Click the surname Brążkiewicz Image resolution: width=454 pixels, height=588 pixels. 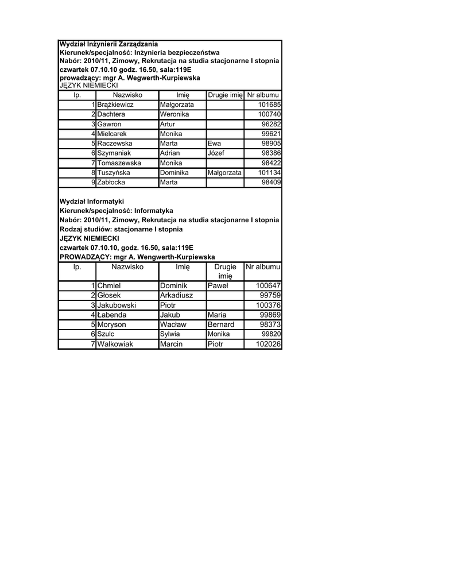[115, 105]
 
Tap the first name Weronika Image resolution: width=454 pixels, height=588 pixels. [175, 115]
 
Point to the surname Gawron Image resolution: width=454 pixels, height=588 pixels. [109, 125]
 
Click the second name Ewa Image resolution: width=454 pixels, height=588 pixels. [214, 144]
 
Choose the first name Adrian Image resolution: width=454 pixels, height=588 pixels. [170, 153]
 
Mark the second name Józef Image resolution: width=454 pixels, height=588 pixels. [216, 153]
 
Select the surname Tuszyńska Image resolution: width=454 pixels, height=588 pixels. [114, 173]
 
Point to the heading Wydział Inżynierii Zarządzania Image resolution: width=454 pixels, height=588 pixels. [109, 44]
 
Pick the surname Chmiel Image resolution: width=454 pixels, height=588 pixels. [109, 285]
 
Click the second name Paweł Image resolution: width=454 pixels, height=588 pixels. [218, 285]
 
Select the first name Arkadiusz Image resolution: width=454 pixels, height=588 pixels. [176, 295]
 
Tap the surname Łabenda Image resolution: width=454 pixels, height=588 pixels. [112, 315]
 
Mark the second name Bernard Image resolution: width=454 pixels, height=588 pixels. [221, 324]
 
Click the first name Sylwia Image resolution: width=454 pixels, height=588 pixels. [170, 334]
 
